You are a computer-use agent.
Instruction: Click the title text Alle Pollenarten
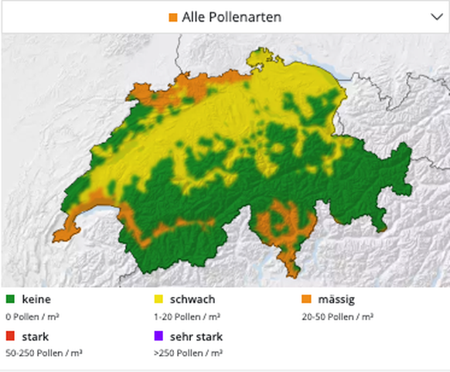click(231, 16)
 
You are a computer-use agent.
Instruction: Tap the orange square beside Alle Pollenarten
click(173, 17)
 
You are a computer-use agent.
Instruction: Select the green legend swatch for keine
click(10, 299)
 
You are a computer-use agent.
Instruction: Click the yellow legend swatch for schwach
click(161, 299)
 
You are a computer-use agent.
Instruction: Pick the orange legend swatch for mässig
click(305, 299)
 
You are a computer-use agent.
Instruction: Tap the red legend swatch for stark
click(10, 336)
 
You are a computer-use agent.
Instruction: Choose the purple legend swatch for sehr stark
click(161, 336)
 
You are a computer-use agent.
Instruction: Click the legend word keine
click(36, 299)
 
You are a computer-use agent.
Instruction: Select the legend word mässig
click(336, 299)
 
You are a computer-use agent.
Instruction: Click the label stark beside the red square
click(36, 336)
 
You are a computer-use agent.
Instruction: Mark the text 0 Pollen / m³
click(34, 317)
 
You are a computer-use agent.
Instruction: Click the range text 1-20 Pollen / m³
click(188, 317)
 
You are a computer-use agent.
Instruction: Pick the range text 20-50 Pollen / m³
click(337, 317)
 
